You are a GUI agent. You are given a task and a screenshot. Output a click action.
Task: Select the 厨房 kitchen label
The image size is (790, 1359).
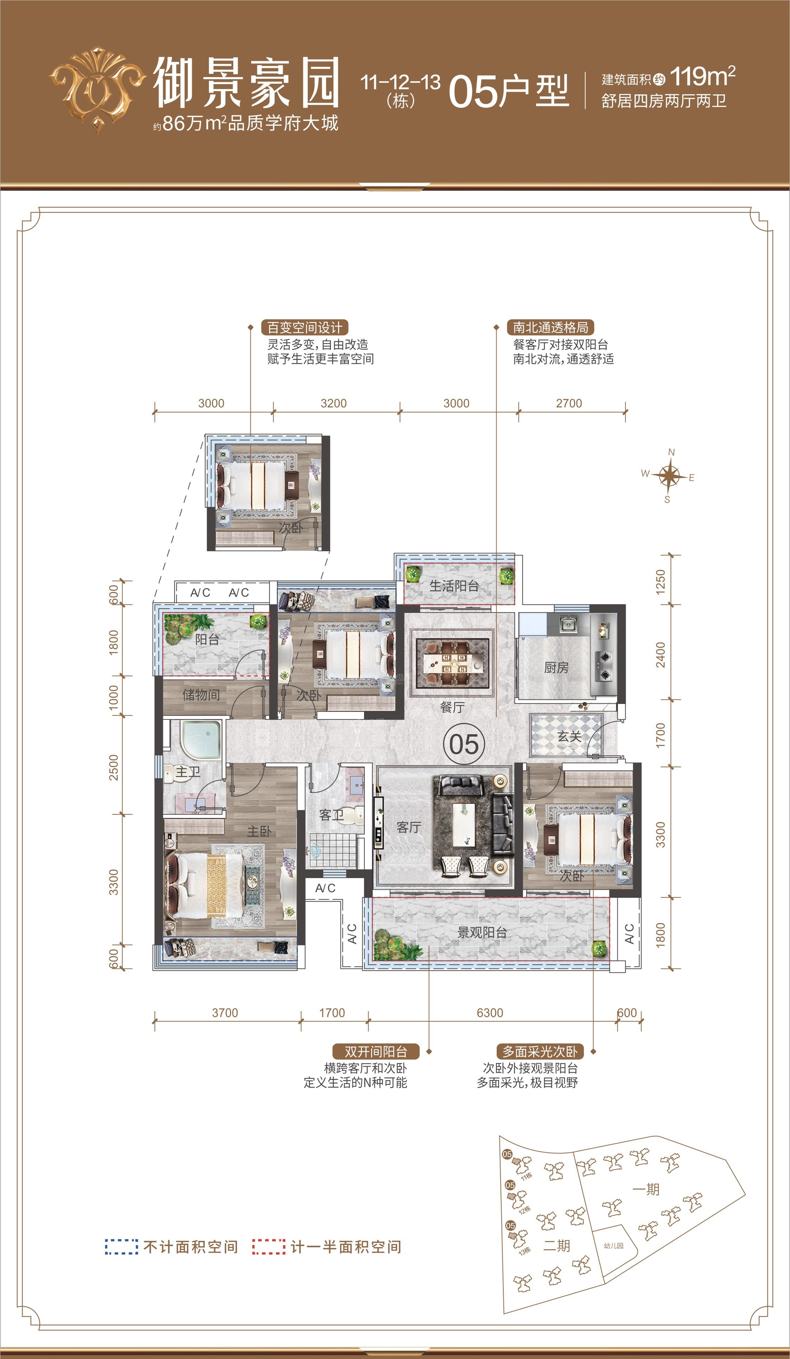(556, 668)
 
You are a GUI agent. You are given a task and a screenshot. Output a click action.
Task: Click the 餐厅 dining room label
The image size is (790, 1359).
(452, 707)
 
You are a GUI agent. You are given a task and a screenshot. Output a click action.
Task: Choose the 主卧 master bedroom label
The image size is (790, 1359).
(259, 831)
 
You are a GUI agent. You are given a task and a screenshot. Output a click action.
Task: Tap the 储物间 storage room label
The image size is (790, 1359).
(201, 694)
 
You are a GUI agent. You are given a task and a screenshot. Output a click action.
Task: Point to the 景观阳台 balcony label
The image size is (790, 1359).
(482, 932)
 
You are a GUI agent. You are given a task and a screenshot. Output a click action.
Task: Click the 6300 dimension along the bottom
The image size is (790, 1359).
(490, 1013)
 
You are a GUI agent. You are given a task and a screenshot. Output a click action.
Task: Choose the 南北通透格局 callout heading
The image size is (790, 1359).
(550, 327)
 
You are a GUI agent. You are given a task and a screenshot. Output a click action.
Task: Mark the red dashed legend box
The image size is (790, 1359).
(268, 1247)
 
